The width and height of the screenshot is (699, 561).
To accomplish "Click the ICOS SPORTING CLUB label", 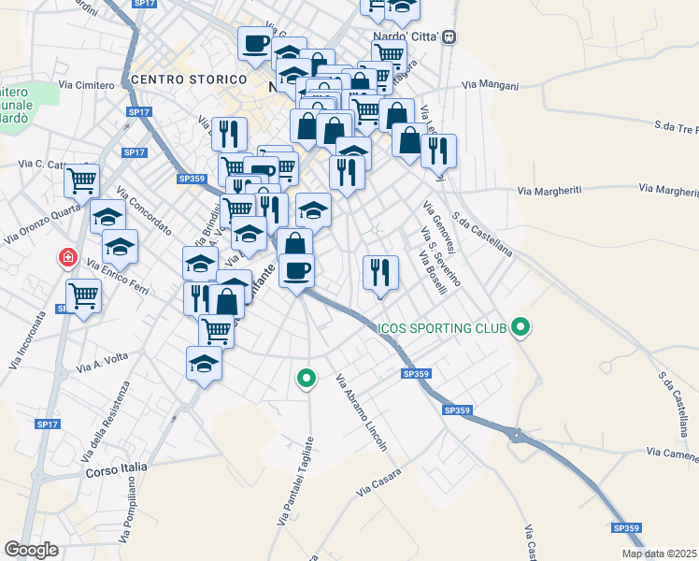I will pyautogui.click(x=441, y=328).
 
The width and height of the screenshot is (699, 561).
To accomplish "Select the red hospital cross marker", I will pyautogui.click(x=67, y=257).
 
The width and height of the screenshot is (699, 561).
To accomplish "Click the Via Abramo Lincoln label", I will pyautogui.click(x=362, y=413).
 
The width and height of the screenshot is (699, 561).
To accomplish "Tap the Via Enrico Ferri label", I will pyautogui.click(x=119, y=276).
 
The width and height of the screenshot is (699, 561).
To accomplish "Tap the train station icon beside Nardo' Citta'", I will pyautogui.click(x=449, y=36).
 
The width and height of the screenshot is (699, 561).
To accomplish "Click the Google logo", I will pyautogui.click(x=31, y=550).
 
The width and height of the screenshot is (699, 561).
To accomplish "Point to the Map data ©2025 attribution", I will pyautogui.click(x=659, y=554).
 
